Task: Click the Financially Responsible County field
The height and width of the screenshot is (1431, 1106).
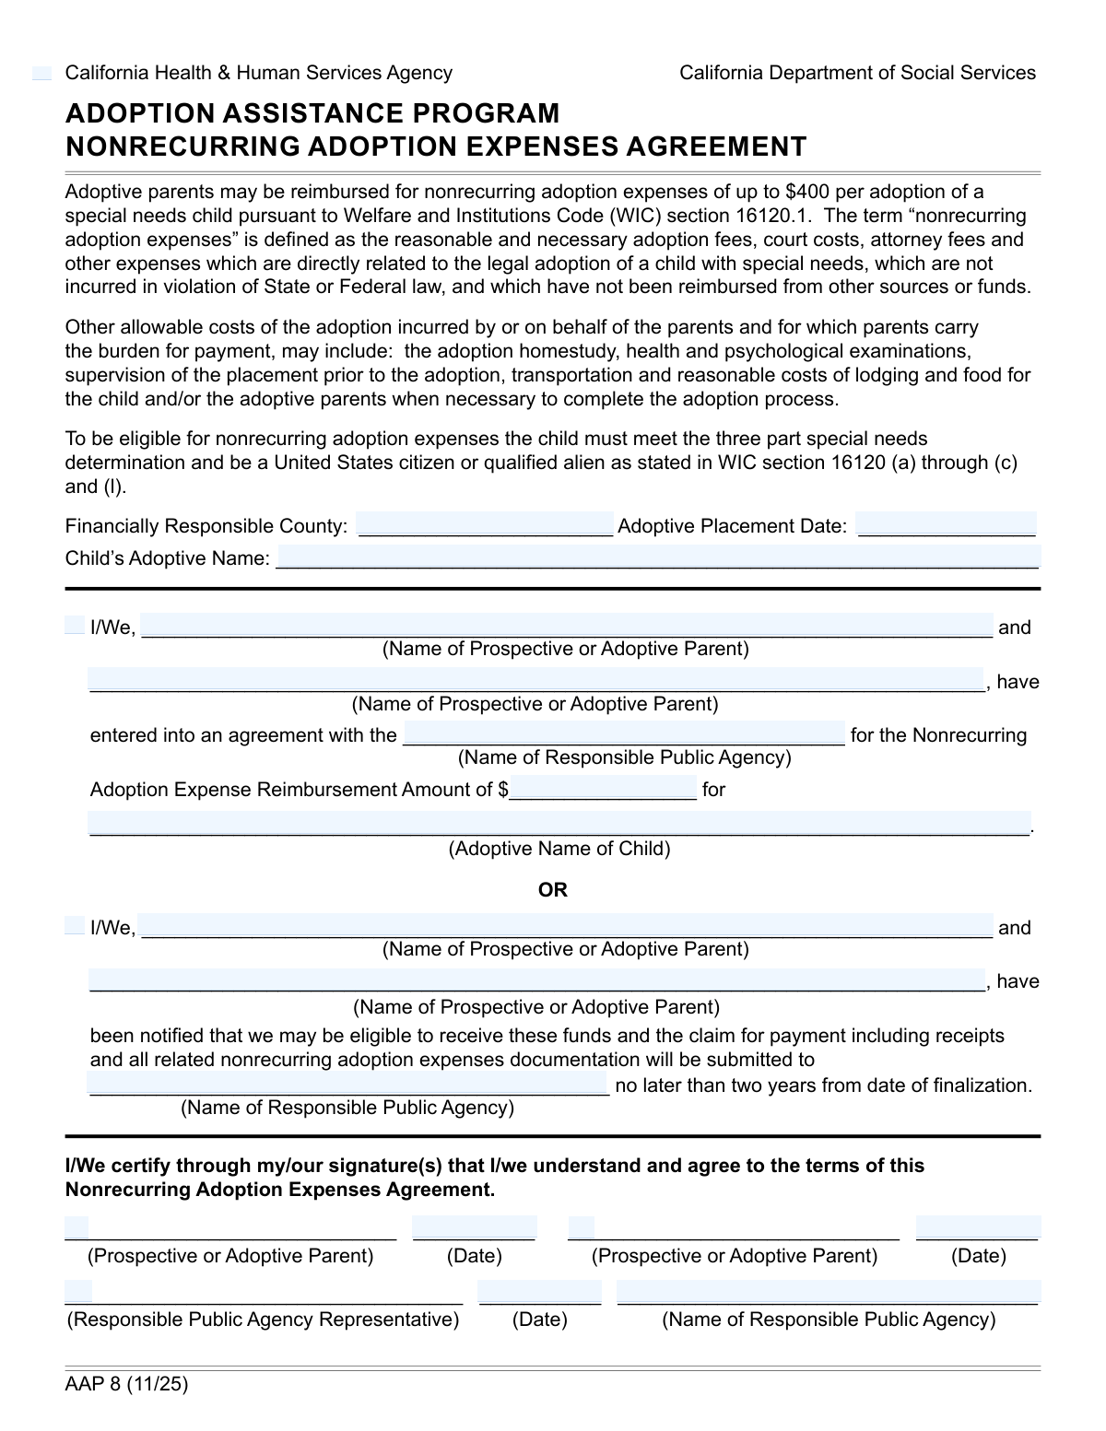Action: [485, 524]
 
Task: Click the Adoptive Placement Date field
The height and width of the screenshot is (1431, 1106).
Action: [946, 524]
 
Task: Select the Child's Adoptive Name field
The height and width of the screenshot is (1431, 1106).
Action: [658, 557]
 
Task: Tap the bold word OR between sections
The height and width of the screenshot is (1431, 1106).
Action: [553, 890]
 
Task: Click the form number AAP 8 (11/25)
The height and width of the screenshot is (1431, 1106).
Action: [126, 1383]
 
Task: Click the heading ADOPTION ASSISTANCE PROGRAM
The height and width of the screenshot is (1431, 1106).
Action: [312, 113]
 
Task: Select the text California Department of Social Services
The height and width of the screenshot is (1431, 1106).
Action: [857, 73]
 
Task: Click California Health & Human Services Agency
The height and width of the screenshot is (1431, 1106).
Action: [259, 73]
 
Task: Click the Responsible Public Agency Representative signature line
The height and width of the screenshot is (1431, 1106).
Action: [264, 1293]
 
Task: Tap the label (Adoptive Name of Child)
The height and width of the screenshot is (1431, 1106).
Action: [559, 849]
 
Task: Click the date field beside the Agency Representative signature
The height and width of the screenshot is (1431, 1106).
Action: [539, 1293]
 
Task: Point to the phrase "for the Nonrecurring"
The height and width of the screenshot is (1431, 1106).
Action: [938, 735]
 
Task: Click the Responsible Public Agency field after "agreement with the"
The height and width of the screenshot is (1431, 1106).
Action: [624, 733]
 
